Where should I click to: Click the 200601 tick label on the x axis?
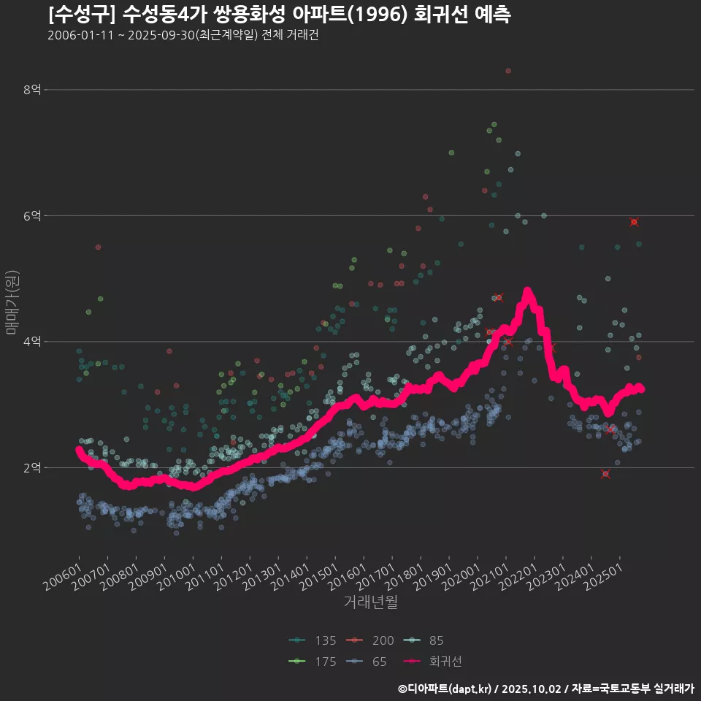62,577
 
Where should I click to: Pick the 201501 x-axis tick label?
318,577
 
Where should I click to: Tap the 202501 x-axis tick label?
603,577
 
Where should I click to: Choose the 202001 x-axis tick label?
461,577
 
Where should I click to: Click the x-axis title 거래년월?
370,603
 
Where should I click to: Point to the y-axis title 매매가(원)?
11,302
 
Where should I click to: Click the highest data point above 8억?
508,71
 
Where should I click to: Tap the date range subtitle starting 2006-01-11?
183,36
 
